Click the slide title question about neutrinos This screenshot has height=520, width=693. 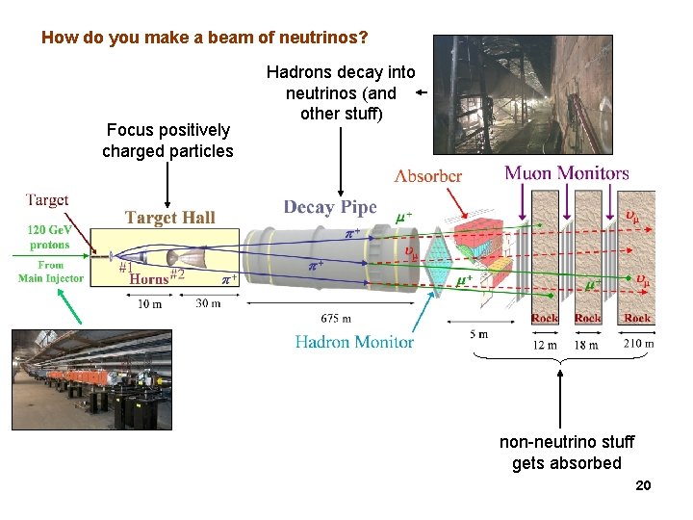[x=205, y=39]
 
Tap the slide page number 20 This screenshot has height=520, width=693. [x=643, y=485]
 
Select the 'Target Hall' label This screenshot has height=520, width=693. [x=169, y=218]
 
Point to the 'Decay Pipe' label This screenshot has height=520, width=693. [x=330, y=208]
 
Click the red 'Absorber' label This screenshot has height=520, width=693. [x=428, y=176]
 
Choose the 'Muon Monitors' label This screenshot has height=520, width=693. [x=567, y=173]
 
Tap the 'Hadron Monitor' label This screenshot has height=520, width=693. [x=354, y=342]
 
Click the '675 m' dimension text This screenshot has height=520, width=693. [x=336, y=319]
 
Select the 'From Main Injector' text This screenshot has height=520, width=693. [x=50, y=272]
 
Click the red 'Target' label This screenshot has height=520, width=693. [x=46, y=200]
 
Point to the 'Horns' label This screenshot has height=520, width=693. [x=149, y=279]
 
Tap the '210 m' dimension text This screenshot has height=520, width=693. [x=638, y=344]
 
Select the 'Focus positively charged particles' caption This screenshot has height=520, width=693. [x=167, y=141]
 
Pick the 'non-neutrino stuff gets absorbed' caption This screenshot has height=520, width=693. [x=566, y=453]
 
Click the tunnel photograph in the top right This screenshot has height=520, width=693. [x=495, y=94]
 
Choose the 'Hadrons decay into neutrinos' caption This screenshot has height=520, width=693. [x=341, y=93]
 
